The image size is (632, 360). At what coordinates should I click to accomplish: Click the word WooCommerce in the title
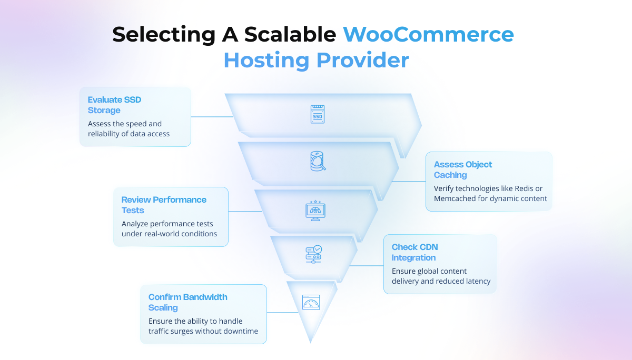point(428,35)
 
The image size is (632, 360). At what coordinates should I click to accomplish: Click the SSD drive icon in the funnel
point(317,114)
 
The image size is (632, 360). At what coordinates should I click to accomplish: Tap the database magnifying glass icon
point(317,161)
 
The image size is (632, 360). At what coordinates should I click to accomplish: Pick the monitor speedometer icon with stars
point(315,210)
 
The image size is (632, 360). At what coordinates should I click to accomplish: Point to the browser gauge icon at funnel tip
point(311,302)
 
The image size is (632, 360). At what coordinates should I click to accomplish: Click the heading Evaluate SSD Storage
point(114,105)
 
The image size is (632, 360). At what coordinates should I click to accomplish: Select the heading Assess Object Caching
point(462,169)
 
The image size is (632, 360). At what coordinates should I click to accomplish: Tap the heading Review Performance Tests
point(163,205)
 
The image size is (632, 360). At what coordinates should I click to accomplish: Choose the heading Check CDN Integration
point(414,252)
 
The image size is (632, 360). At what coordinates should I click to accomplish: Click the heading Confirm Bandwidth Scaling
point(187,302)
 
